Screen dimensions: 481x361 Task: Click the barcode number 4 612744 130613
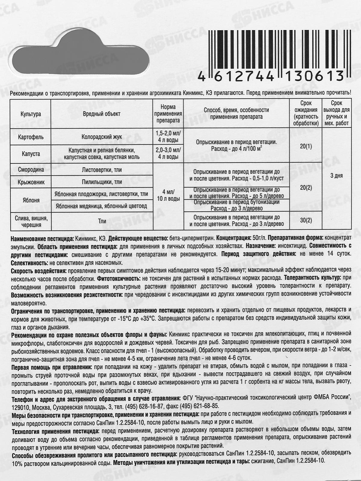pos(271,76)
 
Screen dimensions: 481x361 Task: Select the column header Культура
pos(31,114)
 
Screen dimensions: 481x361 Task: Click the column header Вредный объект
pos(101,114)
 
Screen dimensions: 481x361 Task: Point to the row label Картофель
pos(31,137)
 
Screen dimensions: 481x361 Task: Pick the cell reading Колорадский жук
pos(101,137)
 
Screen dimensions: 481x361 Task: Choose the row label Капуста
pos(31,154)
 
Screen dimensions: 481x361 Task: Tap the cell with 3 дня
pos(336,176)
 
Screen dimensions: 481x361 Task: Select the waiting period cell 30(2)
pos(306,220)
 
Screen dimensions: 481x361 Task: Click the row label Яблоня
pos(31,200)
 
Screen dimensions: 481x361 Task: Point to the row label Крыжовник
pos(31,182)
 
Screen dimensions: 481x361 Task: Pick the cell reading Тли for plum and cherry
pos(102,221)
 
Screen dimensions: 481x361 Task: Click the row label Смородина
pos(31,170)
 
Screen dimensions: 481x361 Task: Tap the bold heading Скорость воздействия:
pos(37,270)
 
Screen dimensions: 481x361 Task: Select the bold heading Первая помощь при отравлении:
pos(52,367)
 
